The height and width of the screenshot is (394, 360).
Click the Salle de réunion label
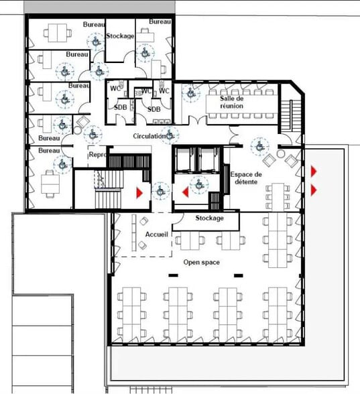(231, 102)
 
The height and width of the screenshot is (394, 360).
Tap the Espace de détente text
(246, 178)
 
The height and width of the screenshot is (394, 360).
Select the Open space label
(201, 263)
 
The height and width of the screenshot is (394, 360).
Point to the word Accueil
(156, 235)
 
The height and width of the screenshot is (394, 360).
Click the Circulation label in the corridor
(149, 136)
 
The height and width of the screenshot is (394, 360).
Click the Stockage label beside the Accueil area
(209, 218)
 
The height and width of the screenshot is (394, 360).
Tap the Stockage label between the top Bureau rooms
(120, 36)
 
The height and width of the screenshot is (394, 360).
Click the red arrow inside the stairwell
(139, 193)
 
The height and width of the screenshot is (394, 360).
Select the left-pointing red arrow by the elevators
(186, 192)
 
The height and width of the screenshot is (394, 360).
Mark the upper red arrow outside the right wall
(314, 171)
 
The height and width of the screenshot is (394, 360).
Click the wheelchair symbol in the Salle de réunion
(191, 94)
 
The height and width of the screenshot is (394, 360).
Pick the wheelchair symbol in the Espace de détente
(259, 146)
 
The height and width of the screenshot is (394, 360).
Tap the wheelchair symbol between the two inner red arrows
(161, 192)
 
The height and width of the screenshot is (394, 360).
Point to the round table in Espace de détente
(280, 153)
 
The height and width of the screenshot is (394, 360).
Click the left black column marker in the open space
(173, 275)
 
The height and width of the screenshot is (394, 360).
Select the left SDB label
(121, 107)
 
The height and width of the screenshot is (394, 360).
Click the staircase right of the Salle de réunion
(291, 115)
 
